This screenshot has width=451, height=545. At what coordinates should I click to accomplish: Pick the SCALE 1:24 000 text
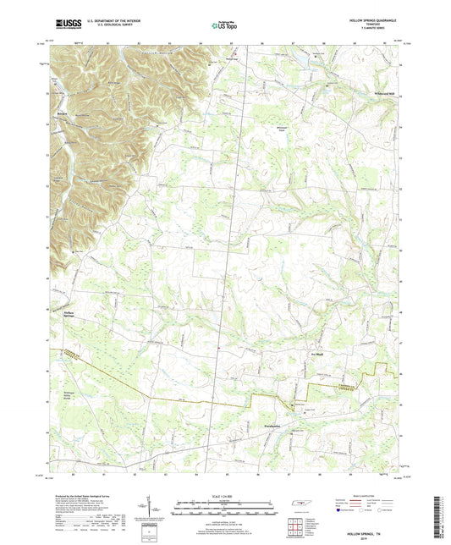click(x=224, y=496)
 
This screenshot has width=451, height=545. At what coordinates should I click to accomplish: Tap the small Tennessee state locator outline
click(x=300, y=505)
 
